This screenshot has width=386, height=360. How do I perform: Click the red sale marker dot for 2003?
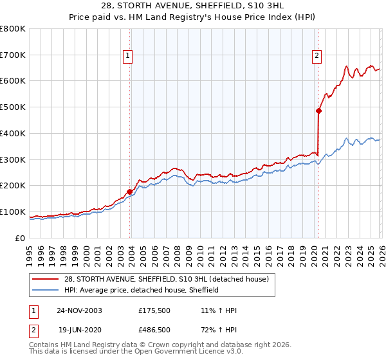130,192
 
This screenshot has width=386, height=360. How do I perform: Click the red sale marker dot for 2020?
318,111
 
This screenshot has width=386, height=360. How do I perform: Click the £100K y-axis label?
13,212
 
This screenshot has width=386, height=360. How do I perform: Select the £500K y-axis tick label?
13,107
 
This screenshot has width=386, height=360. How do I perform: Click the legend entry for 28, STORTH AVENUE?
170,279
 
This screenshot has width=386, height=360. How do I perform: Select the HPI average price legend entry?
142,290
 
